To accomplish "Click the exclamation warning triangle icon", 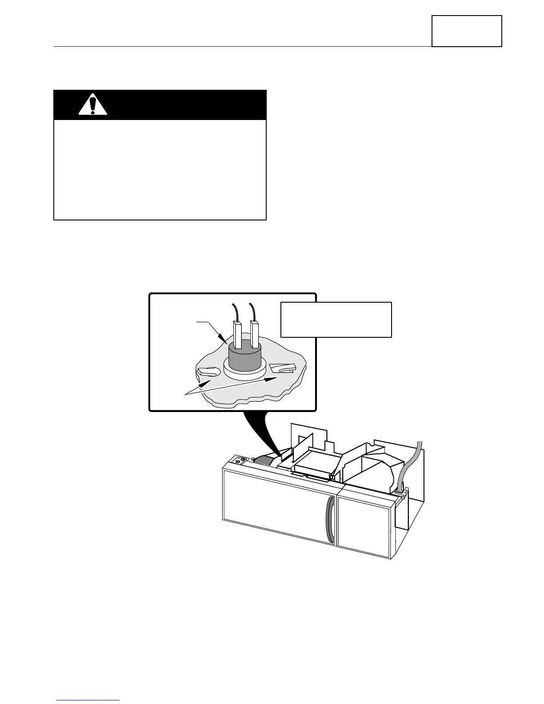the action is (x=93, y=104).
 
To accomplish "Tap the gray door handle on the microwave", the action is (x=329, y=520).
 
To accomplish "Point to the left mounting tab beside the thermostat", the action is (x=207, y=372).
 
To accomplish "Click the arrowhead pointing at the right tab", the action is (x=272, y=379).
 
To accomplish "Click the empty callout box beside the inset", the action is (x=336, y=320).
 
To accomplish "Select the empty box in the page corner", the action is (x=467, y=31).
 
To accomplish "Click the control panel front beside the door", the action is (x=364, y=527).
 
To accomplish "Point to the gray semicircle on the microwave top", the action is (x=265, y=461).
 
